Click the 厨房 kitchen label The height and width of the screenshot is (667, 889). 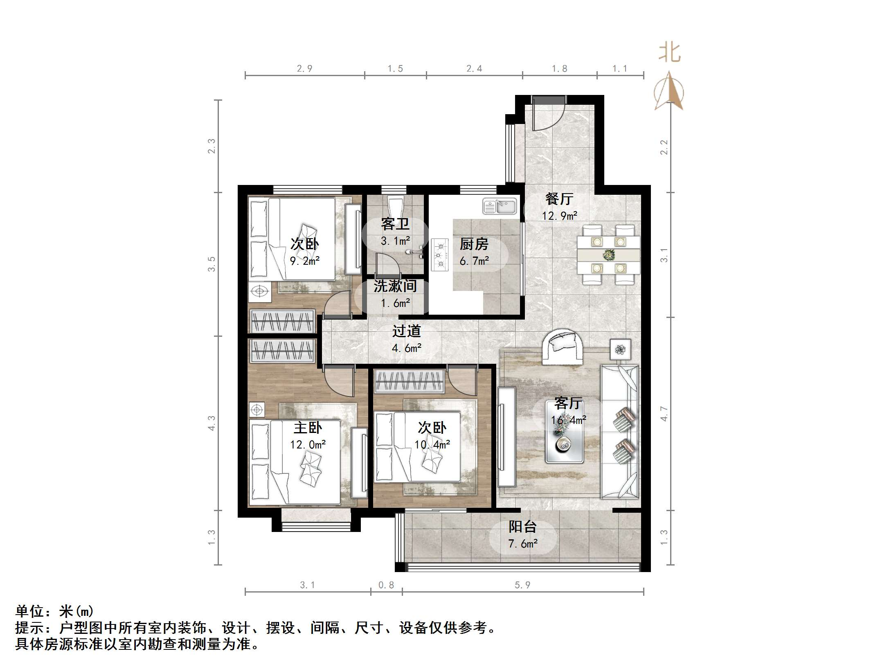[474, 244]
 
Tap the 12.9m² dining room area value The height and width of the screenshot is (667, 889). [559, 216]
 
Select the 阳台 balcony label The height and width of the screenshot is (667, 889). [522, 527]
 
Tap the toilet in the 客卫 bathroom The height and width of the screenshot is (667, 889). [396, 207]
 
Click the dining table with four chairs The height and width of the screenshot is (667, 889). [608, 255]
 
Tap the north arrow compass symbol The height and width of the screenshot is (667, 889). [669, 91]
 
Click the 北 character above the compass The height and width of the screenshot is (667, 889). [669, 53]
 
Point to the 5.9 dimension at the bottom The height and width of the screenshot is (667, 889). [522, 585]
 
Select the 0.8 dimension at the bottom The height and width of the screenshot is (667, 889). [386, 585]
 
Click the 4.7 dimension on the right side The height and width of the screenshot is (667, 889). [664, 414]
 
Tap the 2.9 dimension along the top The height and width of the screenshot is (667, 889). [304, 69]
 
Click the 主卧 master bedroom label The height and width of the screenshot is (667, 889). [308, 428]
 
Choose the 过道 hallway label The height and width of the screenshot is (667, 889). [406, 331]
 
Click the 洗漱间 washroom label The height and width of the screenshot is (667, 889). [395, 286]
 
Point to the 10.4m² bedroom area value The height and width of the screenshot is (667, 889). [432, 444]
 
